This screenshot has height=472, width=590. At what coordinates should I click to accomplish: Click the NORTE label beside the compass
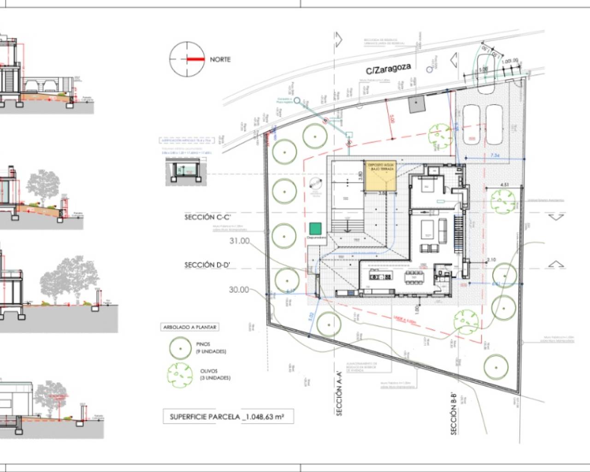coord(220,59)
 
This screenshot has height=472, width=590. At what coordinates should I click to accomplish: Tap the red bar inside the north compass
coord(195,59)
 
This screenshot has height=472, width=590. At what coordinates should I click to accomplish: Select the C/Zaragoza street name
coord(388,69)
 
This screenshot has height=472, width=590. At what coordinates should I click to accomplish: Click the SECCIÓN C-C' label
coord(206,217)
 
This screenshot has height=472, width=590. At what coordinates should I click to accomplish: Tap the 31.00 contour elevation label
coord(239,241)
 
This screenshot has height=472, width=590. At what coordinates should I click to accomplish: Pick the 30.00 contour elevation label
coord(239,289)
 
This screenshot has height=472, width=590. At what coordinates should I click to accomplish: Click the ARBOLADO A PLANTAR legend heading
coord(189,327)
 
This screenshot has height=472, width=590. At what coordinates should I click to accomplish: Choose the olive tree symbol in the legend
coord(179,374)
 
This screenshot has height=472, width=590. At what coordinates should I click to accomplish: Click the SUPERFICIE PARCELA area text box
coord(227,417)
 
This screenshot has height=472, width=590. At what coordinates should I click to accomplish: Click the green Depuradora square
coord(315,229)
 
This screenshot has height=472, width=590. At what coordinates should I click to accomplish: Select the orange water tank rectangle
coord(381,177)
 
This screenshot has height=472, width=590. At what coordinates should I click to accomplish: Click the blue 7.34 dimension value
coord(495,156)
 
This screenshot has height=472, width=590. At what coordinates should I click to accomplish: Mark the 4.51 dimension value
coord(504,185)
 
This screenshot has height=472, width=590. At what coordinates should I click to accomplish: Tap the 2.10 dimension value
coord(491,260)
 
